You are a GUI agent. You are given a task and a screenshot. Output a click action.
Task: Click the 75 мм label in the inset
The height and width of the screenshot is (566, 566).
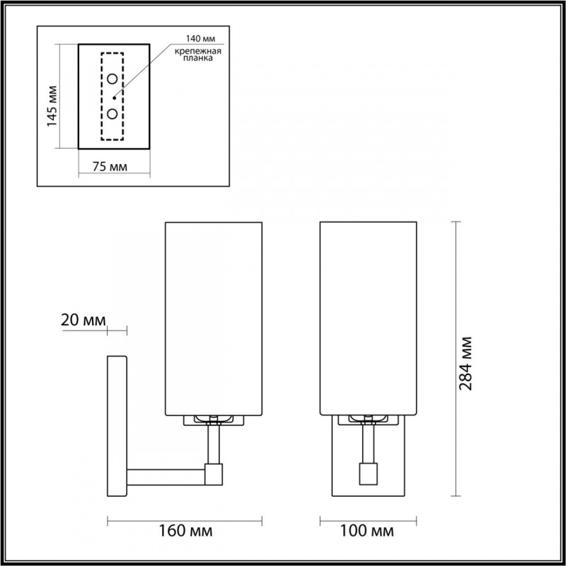pos(110,167)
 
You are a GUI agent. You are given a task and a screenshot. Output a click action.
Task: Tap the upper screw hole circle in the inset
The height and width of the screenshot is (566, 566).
pos(112,79)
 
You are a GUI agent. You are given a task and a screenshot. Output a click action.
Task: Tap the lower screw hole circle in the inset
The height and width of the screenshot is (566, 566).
pos(112,113)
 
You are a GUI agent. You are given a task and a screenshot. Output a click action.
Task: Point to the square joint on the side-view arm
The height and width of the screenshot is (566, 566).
pos(213,473)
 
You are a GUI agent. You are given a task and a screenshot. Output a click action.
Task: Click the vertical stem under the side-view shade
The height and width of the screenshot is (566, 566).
pos(213,443)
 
